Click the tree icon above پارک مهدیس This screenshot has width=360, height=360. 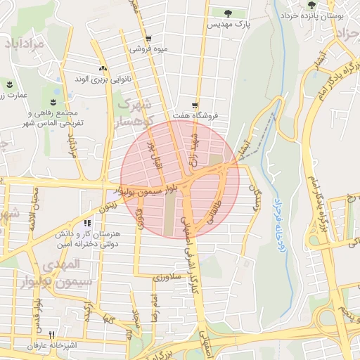(x=227, y=13)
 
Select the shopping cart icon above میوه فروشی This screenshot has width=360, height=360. (x=148, y=39)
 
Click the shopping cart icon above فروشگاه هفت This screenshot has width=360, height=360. (x=195, y=103)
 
